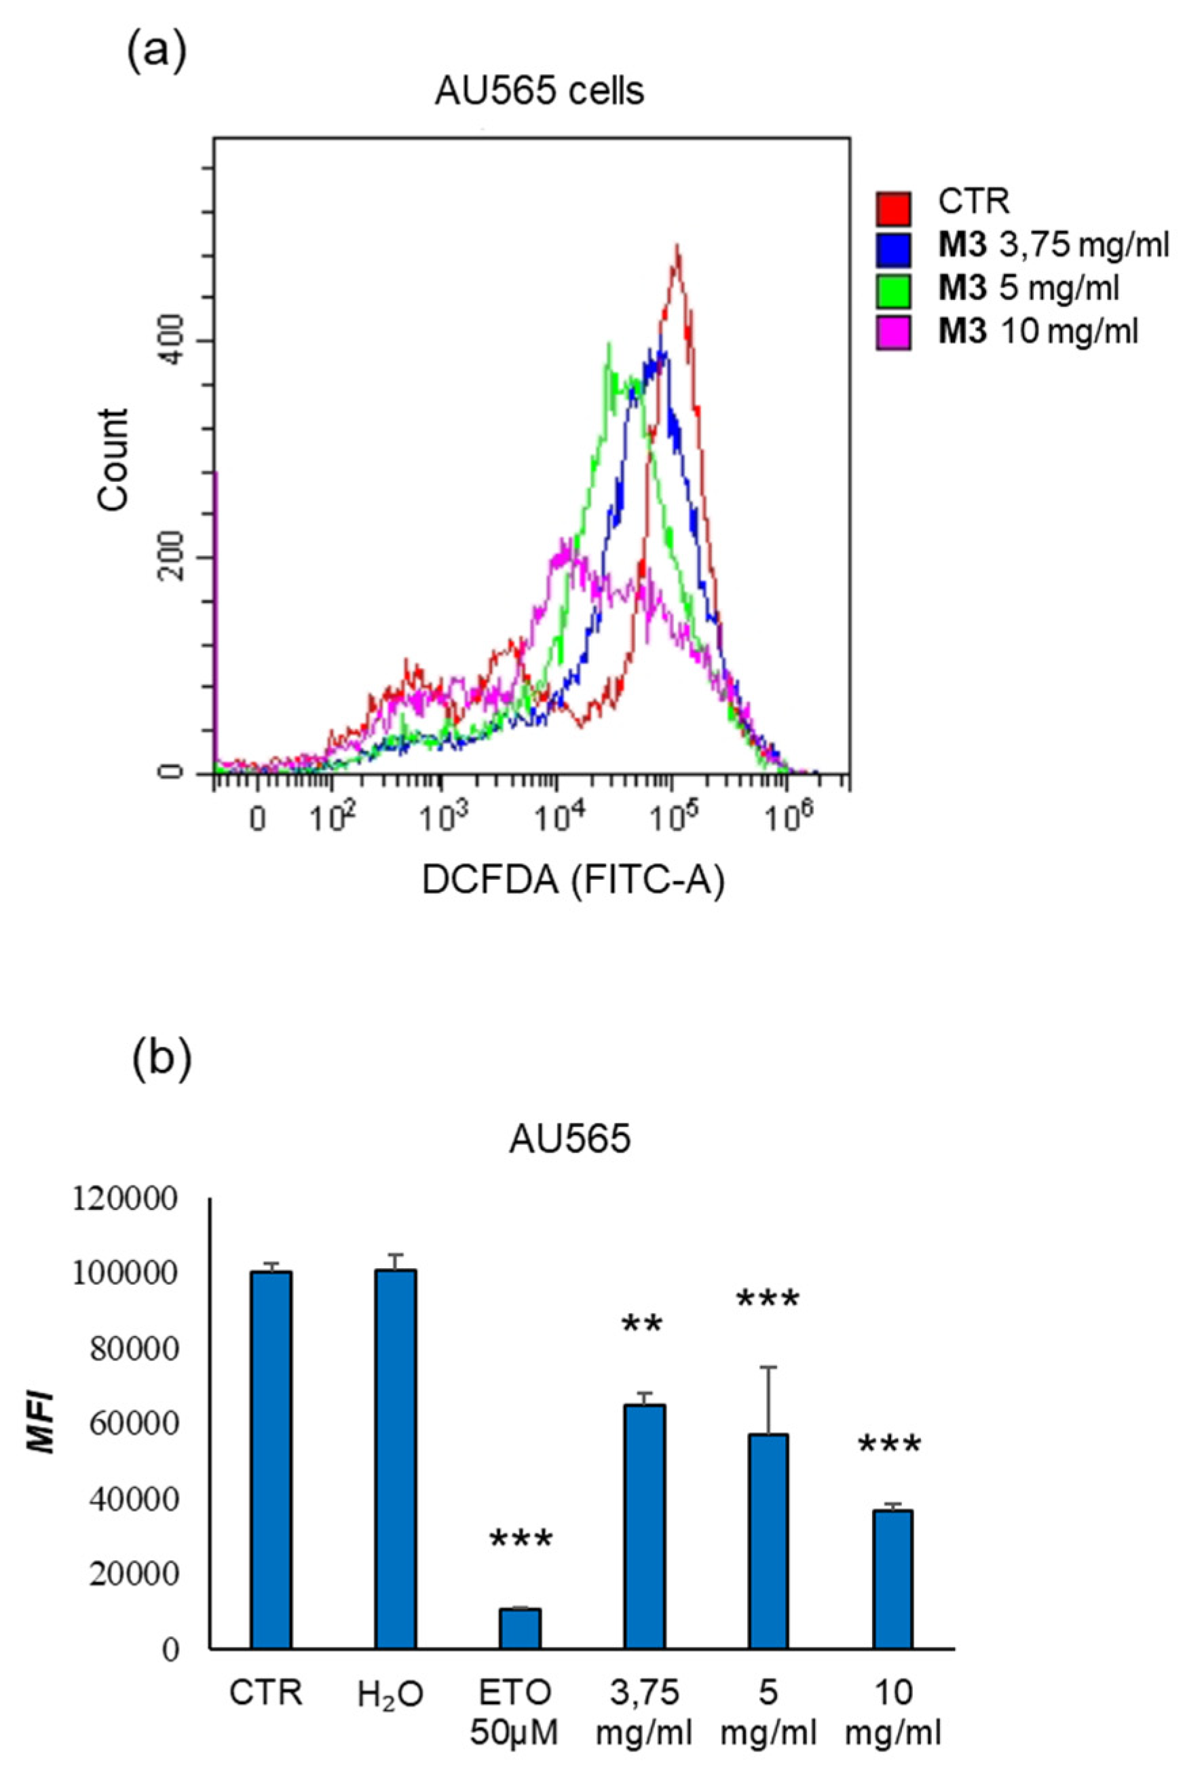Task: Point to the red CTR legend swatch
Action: [x=893, y=208]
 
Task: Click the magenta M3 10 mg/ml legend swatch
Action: [x=893, y=333]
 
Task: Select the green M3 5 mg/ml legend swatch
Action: [x=893, y=291]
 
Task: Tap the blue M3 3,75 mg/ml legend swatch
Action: [x=893, y=249]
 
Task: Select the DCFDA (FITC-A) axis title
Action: [x=573, y=881]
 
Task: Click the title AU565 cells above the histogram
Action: [x=539, y=92]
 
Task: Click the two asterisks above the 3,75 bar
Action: [x=642, y=1341]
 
